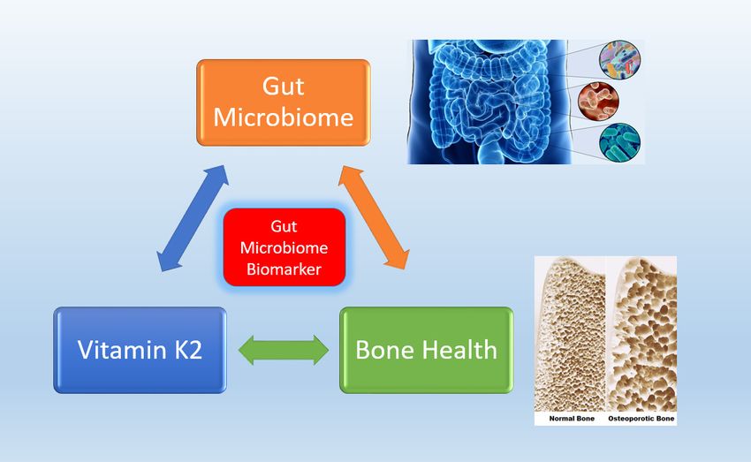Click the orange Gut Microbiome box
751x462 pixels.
click(x=283, y=102)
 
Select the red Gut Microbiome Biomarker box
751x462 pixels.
click(x=284, y=247)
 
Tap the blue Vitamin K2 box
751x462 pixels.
click(x=140, y=350)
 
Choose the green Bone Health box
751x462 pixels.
click(x=426, y=350)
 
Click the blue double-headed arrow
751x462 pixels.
click(x=193, y=218)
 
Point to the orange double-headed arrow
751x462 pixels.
click(x=374, y=217)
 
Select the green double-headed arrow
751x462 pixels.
click(x=284, y=350)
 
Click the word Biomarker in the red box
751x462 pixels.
click(x=284, y=269)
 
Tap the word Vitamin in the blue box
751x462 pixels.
click(x=122, y=350)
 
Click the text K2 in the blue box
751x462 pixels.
click(x=187, y=350)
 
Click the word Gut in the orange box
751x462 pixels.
click(x=283, y=87)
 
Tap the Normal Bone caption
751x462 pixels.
click(x=572, y=419)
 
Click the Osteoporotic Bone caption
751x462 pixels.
click(x=641, y=419)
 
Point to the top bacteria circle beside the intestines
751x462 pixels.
click(x=619, y=60)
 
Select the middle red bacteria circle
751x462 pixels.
click(x=598, y=101)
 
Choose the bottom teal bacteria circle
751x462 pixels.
click(x=619, y=143)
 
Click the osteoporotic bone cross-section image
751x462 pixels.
click(x=641, y=334)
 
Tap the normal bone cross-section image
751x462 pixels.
click(x=570, y=334)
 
